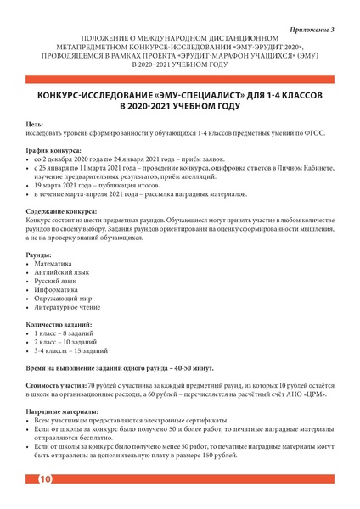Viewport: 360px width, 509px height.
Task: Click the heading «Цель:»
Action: [36, 125]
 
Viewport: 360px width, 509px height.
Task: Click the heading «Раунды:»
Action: [39, 255]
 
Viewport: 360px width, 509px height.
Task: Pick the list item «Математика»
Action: [53, 265]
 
